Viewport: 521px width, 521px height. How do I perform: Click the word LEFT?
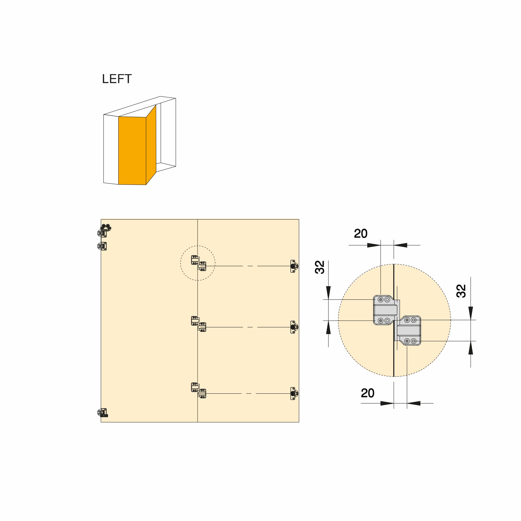pyautogui.click(x=117, y=79)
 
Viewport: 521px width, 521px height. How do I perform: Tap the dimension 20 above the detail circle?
pyautogui.click(x=361, y=233)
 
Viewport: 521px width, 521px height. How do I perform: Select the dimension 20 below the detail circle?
pyautogui.click(x=368, y=393)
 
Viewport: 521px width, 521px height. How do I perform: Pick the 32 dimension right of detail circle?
pyautogui.click(x=461, y=291)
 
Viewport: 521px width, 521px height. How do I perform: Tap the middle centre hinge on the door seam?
pyautogui.click(x=198, y=324)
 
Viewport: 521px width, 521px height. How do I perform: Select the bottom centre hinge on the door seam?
pyautogui.click(x=198, y=390)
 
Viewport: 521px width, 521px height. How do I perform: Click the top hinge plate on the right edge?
pyautogui.click(x=294, y=266)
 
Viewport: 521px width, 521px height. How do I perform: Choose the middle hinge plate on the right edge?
pyautogui.click(x=294, y=327)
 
